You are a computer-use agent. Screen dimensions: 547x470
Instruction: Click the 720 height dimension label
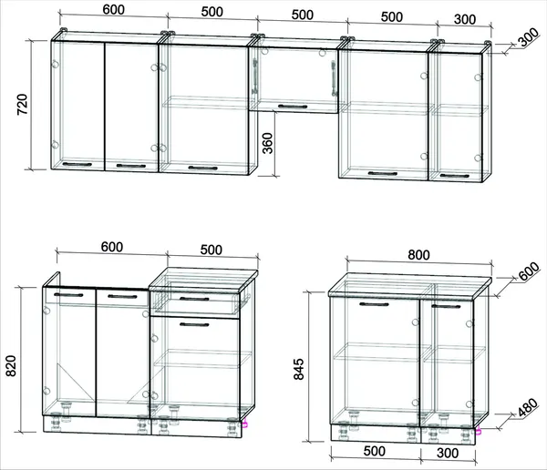22,104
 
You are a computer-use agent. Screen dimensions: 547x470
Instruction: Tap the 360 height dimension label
267,143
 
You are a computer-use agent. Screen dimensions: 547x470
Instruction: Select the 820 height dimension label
11,366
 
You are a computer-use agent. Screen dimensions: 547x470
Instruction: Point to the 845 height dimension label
299,369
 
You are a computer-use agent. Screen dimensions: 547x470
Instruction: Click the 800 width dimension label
418,255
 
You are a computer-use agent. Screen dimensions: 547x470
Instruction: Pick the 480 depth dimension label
528,407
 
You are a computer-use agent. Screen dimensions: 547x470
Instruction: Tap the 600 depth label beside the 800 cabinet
529,271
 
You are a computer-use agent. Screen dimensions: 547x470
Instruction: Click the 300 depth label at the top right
529,37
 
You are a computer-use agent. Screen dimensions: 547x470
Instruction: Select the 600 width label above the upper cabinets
113,9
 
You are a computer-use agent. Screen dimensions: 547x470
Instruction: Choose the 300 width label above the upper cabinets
465,19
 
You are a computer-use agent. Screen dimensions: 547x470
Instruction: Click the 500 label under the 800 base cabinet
375,451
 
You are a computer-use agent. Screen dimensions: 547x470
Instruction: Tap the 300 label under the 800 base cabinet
448,453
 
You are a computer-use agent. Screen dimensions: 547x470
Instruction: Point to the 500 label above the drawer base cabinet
212,250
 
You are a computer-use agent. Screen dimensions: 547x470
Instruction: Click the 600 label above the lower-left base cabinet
112,247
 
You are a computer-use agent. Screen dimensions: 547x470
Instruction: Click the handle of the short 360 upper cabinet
293,107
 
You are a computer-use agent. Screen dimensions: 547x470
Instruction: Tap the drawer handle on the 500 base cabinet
194,299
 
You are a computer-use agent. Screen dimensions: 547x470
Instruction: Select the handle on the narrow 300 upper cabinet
455,176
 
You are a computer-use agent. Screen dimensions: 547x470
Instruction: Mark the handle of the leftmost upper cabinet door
77,164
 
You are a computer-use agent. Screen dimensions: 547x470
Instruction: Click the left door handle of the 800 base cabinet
374,304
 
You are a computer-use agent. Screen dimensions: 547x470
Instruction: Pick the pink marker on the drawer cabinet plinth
245,424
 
